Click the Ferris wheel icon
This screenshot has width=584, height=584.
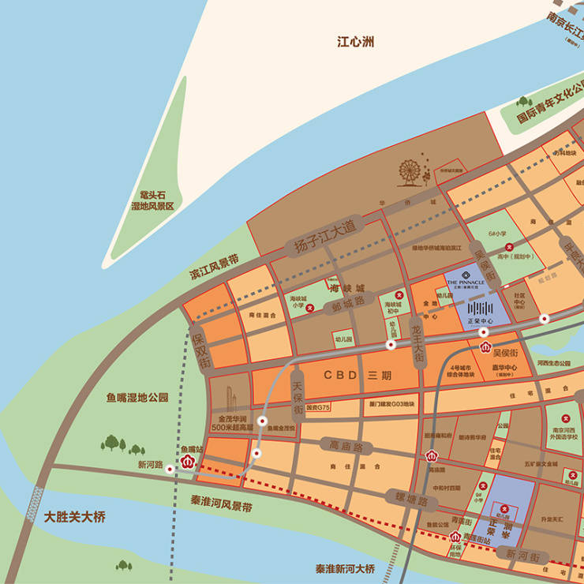tap(409, 173)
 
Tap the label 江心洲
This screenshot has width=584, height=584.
tap(355, 41)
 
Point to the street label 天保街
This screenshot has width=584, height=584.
tap(298, 399)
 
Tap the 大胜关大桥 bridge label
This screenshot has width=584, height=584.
tap(75, 517)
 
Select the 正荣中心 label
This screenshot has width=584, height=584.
tap(481, 322)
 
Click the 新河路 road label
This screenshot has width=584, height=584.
tap(150, 465)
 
